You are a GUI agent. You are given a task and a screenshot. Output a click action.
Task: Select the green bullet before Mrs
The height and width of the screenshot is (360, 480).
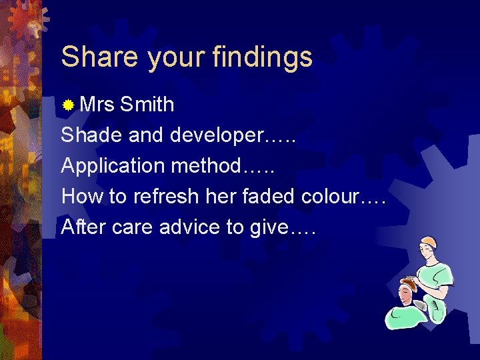(68, 105)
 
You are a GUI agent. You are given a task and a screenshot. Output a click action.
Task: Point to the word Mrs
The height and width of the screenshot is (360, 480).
(97, 105)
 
